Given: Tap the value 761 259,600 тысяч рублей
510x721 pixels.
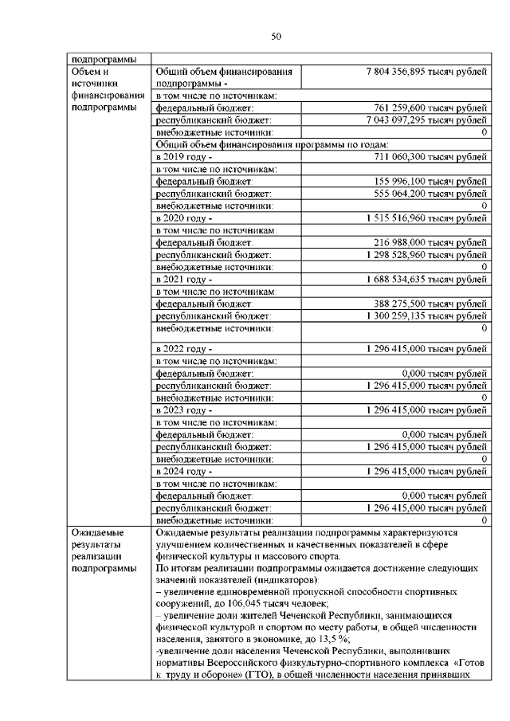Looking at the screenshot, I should click(x=430, y=108).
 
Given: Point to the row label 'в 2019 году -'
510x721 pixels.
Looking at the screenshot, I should click(x=184, y=157).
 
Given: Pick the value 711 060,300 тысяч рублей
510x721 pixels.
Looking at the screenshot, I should click(x=430, y=157).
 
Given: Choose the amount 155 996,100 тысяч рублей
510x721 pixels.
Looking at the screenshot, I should click(x=430, y=182).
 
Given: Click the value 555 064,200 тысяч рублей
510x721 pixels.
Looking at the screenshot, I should click(x=430, y=194).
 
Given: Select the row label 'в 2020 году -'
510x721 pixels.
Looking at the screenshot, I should click(x=184, y=217).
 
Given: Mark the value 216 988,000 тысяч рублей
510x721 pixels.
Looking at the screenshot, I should click(x=430, y=242).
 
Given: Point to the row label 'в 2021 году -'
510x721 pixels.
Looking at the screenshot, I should click(x=184, y=279).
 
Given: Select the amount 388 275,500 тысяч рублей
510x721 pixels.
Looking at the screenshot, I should click(x=430, y=304).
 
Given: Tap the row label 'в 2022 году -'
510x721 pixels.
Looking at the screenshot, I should click(x=184, y=349).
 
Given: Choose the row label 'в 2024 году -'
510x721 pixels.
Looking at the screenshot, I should click(x=184, y=471).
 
